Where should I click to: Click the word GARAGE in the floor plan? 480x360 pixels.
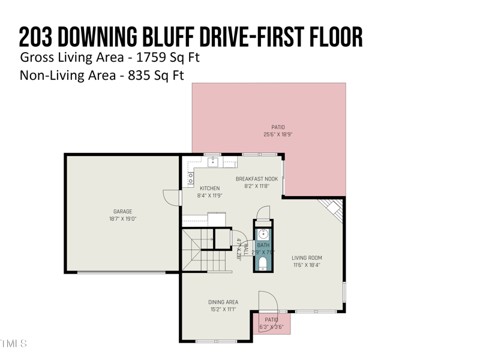[122, 211]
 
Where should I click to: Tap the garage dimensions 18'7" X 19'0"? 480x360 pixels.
[122, 219]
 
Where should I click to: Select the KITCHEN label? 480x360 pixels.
[209, 188]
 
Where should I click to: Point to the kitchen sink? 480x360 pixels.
[213, 161]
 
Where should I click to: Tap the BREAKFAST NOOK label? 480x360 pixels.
[256, 179]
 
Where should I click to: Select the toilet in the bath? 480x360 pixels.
[263, 262]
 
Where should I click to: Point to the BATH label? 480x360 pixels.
[263, 245]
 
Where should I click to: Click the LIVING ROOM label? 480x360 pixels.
[307, 258]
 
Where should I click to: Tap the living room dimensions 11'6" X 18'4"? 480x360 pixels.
[307, 265]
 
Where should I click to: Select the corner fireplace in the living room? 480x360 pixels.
[331, 209]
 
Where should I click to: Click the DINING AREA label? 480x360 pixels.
[223, 302]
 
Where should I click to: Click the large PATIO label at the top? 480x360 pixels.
[278, 127]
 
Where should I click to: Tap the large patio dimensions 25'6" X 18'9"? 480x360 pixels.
[278, 134]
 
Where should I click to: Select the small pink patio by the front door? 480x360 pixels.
[273, 323]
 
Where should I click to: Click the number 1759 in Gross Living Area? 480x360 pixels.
[150, 58]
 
